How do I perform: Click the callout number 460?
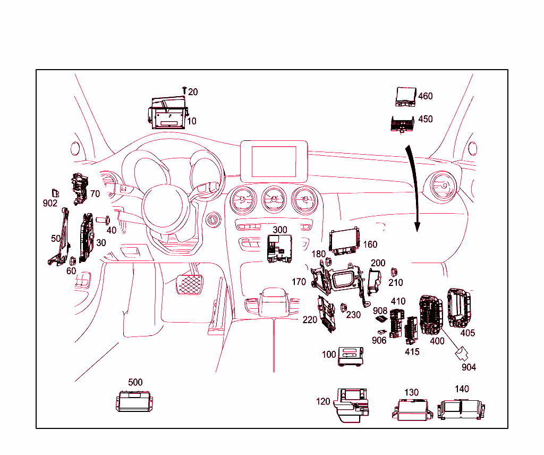pos(426,96)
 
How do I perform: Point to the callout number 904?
pos(469,367)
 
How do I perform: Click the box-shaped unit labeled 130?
pos(413,409)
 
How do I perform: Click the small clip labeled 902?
pos(54,192)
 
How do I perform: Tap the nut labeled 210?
pos(395,272)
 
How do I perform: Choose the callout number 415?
pos(412,351)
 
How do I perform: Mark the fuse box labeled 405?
pos(460,308)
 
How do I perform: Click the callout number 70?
pos(95,194)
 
